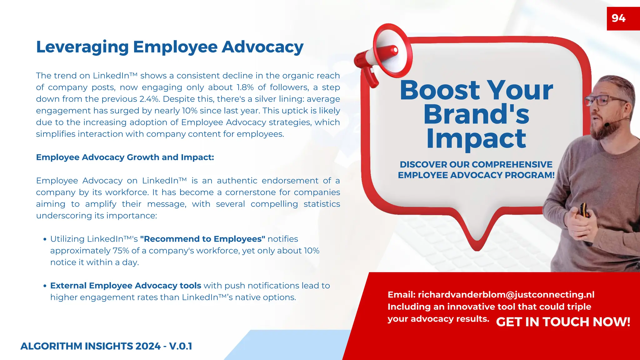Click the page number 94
click(x=618, y=18)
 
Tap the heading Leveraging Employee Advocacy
click(x=170, y=47)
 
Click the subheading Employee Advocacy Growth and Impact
click(x=125, y=157)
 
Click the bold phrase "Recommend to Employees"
click(x=202, y=239)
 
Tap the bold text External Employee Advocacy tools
click(x=126, y=286)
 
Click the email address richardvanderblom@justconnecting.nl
click(x=506, y=295)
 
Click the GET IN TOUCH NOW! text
click(x=563, y=322)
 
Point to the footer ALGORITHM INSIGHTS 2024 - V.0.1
click(x=106, y=346)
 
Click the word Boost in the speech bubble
click(x=440, y=90)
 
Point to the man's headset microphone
click(x=607, y=124)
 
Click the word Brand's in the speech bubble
click(x=476, y=114)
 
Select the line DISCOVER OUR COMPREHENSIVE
click(x=476, y=164)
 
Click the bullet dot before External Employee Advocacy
click(x=45, y=286)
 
